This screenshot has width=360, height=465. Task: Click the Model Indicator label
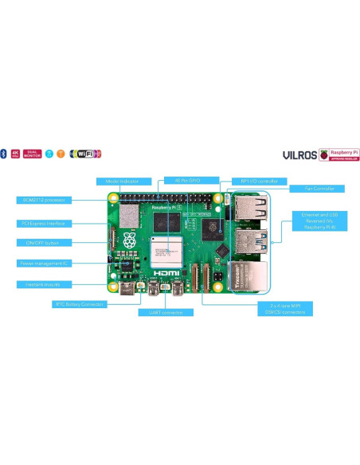tap(119, 181)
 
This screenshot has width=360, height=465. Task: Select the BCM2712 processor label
tap(45, 199)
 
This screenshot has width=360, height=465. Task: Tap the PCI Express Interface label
tap(45, 223)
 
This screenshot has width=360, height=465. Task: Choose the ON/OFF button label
tap(45, 242)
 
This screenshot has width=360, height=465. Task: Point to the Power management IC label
tap(45, 263)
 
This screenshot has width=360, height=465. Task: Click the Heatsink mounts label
tap(45, 283)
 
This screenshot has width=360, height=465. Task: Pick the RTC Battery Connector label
tap(80, 303)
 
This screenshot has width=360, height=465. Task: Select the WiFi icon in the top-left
tap(85, 153)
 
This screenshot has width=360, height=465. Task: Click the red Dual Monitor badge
tap(33, 153)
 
